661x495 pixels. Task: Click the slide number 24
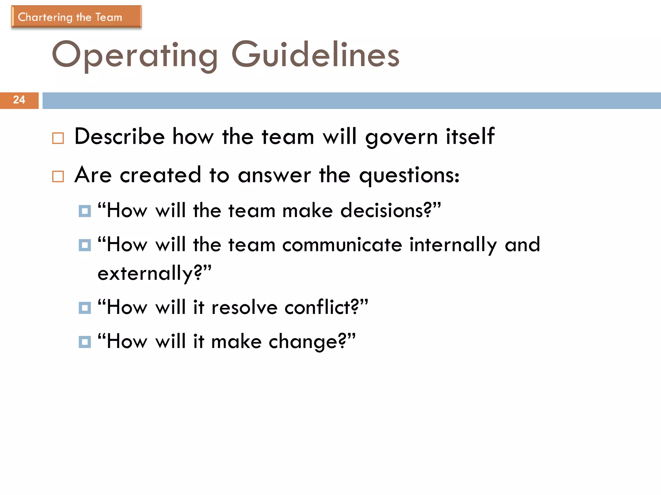(19, 100)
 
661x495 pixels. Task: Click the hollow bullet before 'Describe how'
(58, 138)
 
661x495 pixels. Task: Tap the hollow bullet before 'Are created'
(58, 177)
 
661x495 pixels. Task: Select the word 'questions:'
(409, 176)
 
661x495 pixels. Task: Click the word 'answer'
(274, 175)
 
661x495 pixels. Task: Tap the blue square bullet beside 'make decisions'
(85, 211)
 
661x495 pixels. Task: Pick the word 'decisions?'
(386, 211)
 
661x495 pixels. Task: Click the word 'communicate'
(342, 245)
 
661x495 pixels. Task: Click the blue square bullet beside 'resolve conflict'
(85, 308)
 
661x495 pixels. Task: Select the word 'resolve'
(244, 307)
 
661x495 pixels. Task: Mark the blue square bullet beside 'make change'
(85, 342)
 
